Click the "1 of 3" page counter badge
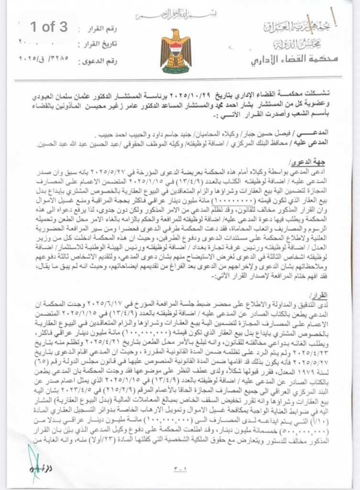49,27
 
